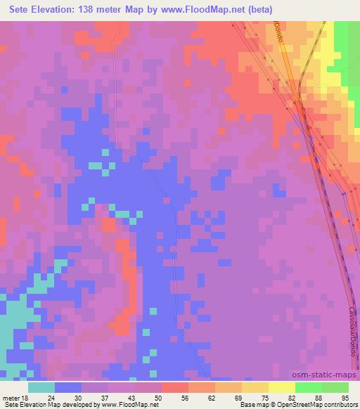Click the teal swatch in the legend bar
41,388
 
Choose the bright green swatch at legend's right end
335,388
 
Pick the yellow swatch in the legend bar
281,388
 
